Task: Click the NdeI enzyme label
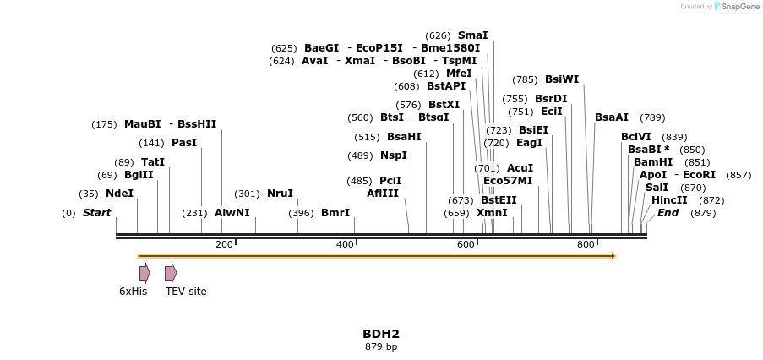119,193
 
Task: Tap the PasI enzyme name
184,143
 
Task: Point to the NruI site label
280,194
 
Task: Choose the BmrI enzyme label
335,213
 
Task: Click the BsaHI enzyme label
404,137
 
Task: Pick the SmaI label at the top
472,35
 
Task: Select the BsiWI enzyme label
562,79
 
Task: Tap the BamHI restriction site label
653,162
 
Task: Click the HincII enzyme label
669,200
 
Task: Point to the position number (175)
104,124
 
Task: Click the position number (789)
652,117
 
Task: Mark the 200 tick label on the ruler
224,244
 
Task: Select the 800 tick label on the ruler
586,244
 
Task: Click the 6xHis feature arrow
144,273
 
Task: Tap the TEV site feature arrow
171,273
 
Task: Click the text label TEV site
186,292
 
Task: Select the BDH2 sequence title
381,334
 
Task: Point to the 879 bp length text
381,346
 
